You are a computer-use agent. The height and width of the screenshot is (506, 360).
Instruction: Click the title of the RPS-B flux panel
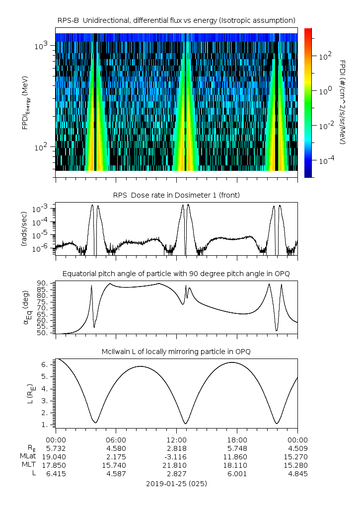177,20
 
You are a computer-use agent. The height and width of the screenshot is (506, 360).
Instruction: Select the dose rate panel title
177,195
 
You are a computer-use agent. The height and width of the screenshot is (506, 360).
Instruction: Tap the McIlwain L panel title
177,351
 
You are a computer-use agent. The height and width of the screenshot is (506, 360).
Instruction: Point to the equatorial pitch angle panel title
177,274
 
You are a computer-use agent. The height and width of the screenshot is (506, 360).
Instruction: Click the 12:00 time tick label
177,439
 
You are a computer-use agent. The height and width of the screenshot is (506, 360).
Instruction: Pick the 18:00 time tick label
237,439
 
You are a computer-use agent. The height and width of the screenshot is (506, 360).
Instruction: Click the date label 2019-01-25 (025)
177,483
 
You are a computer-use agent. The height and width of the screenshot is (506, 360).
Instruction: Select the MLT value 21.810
177,465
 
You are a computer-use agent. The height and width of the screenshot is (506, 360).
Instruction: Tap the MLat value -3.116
177,456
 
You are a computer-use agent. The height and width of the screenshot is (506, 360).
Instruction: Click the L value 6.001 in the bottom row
237,474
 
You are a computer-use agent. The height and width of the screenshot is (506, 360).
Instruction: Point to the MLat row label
27,456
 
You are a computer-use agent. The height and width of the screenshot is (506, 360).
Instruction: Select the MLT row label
27,465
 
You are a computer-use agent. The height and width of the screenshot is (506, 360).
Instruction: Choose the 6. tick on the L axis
44,364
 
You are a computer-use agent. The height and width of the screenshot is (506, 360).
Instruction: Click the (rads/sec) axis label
24,228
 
